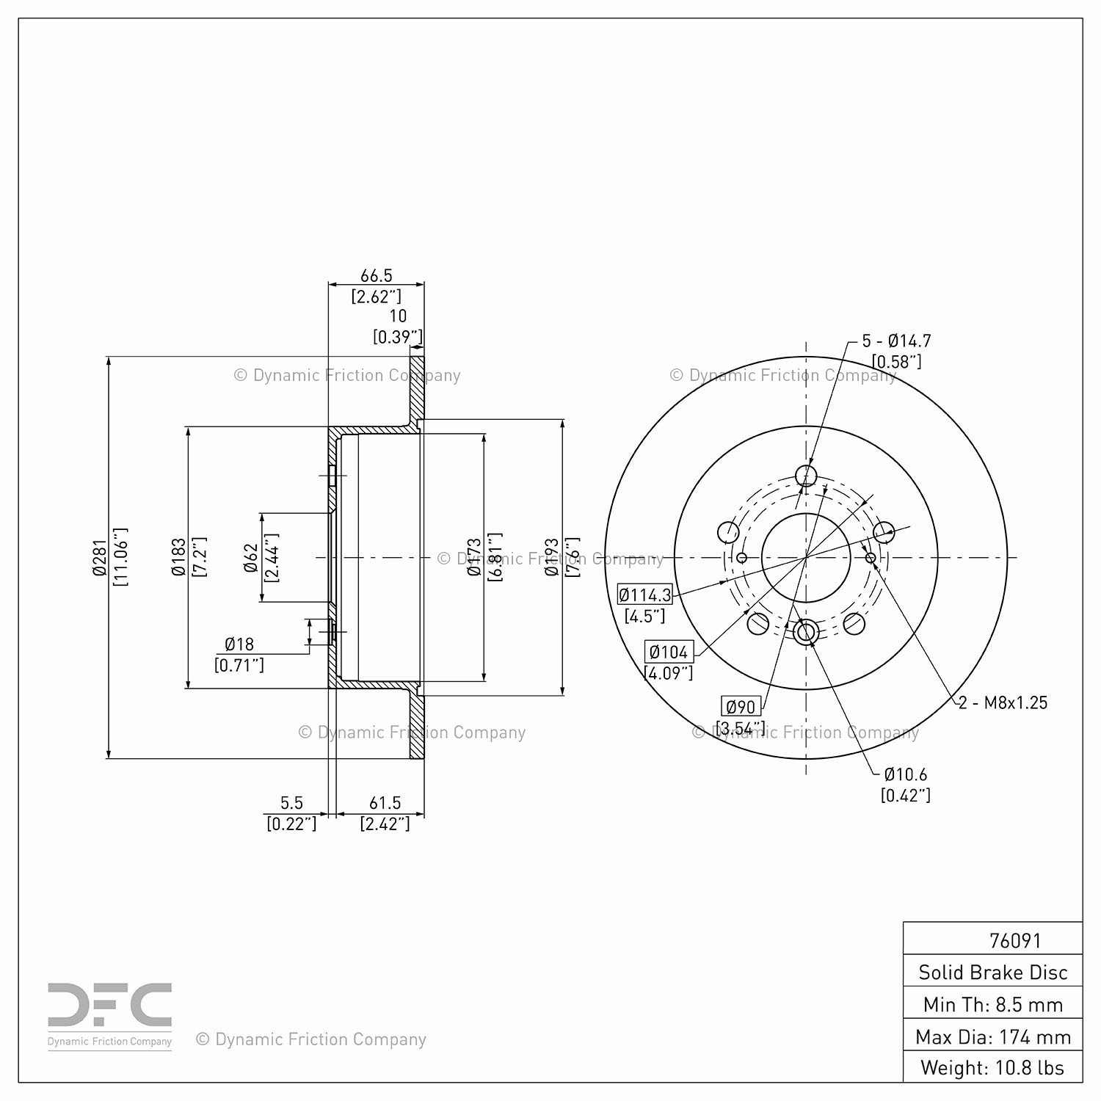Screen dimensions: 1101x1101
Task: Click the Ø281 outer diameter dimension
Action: [101, 557]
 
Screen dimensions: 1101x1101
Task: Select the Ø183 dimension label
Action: [179, 557]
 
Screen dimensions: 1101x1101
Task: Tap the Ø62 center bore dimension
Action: [252, 558]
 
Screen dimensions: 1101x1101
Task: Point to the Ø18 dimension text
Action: [239, 644]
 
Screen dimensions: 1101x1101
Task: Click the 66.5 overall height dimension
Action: [376, 276]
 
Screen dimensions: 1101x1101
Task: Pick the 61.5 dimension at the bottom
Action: [385, 803]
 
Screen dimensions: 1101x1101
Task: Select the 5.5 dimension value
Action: [291, 803]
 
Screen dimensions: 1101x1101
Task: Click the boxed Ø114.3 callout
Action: [644, 595]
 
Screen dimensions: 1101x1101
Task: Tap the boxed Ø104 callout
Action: [669, 652]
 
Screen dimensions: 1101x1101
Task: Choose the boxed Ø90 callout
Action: [740, 707]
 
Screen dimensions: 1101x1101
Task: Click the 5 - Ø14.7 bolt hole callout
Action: [896, 341]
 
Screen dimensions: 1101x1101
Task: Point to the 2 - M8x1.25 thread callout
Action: [1003, 702]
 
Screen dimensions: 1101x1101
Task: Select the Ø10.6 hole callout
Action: [906, 774]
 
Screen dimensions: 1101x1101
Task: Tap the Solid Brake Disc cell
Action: [992, 972]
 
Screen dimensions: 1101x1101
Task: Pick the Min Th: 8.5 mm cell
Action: [992, 1004]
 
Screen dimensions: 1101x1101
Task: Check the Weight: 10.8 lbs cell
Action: [992, 1067]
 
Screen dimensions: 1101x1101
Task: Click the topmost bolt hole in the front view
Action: [806, 476]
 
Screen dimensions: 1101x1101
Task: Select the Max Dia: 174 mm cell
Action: [992, 1036]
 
